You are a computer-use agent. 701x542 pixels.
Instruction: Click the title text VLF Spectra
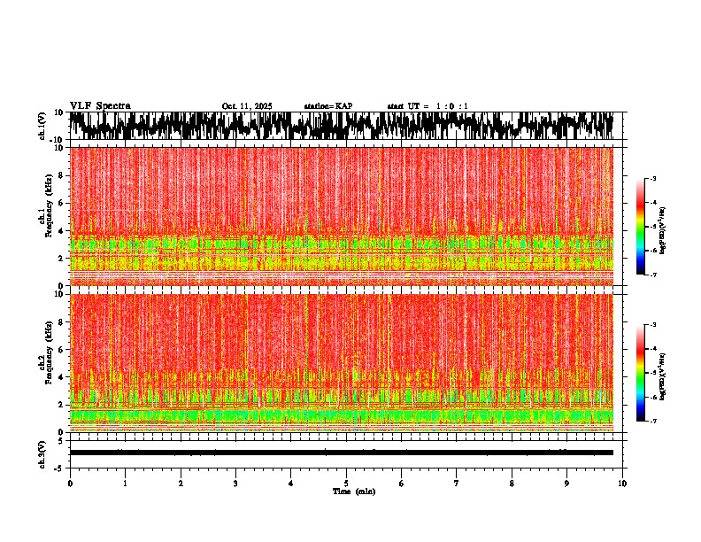100,106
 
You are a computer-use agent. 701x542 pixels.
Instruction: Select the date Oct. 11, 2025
247,106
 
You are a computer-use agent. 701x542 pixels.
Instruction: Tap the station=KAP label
328,106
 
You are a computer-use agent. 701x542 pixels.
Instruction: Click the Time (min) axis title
353,491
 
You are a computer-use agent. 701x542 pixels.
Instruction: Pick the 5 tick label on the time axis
346,483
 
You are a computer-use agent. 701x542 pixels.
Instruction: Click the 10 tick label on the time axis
622,483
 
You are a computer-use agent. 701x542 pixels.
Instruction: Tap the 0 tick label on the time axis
70,483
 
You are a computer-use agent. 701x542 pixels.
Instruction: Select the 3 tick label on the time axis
235,483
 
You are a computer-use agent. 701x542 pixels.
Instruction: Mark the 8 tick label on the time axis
512,483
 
